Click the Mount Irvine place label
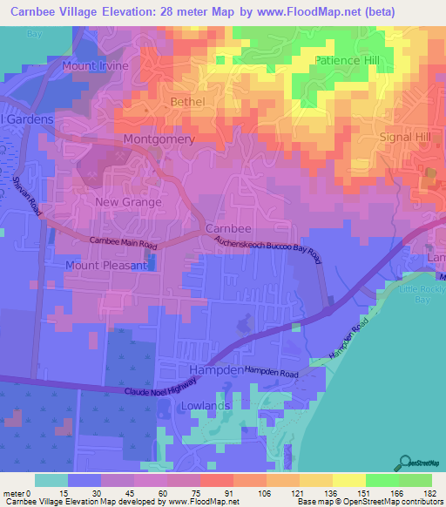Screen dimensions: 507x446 click(96, 66)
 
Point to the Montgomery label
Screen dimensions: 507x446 click(159, 139)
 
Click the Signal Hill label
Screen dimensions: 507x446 click(406, 138)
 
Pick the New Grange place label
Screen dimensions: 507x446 click(128, 202)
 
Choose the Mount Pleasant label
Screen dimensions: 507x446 click(101, 265)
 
